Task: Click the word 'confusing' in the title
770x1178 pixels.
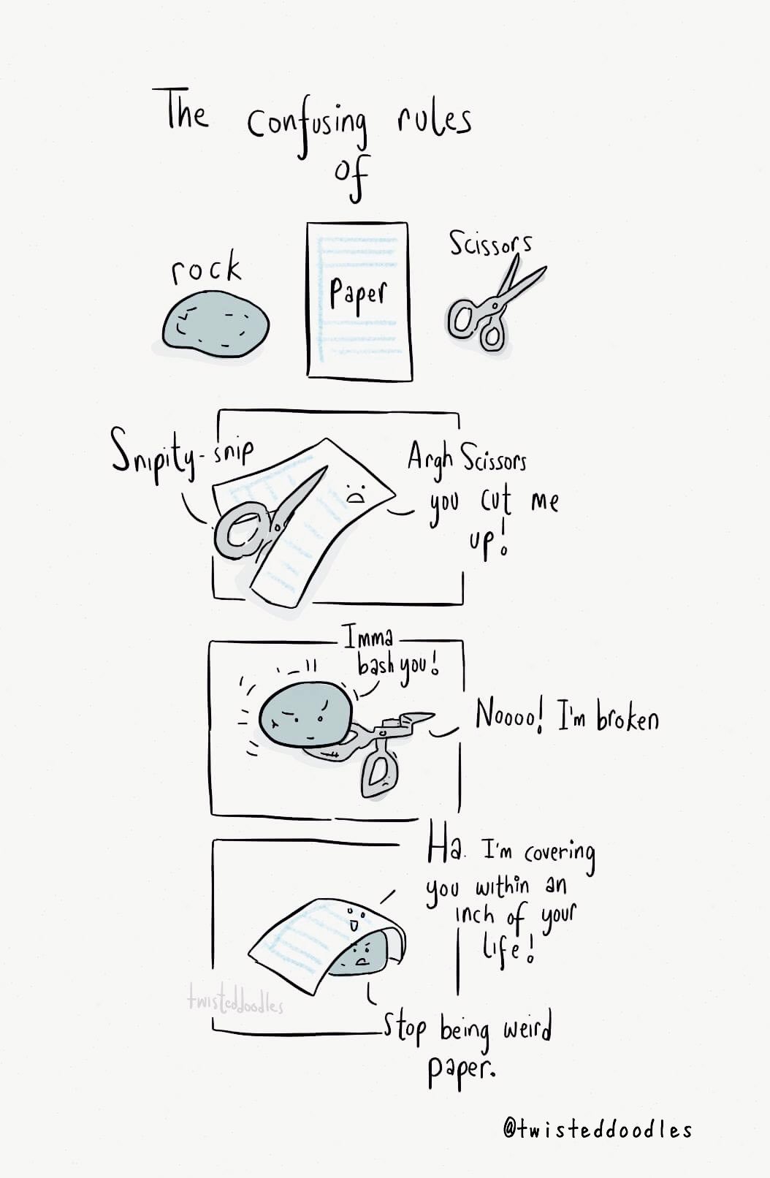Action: coord(308,129)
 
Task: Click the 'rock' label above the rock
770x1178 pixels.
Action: coord(206,267)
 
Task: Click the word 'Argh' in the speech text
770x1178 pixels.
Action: coord(430,457)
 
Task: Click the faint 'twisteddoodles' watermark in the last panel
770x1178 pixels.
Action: coord(235,1005)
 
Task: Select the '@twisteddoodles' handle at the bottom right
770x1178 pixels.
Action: coord(598,1128)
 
